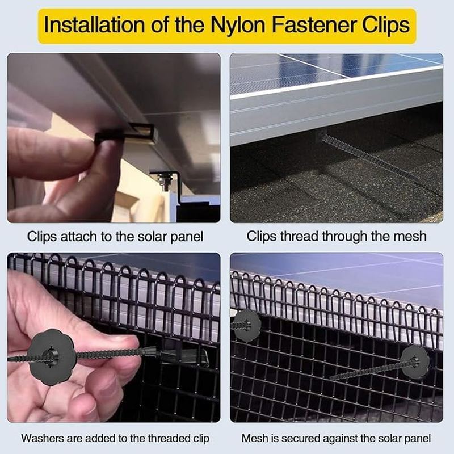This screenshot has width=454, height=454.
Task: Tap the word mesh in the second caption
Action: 406,236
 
